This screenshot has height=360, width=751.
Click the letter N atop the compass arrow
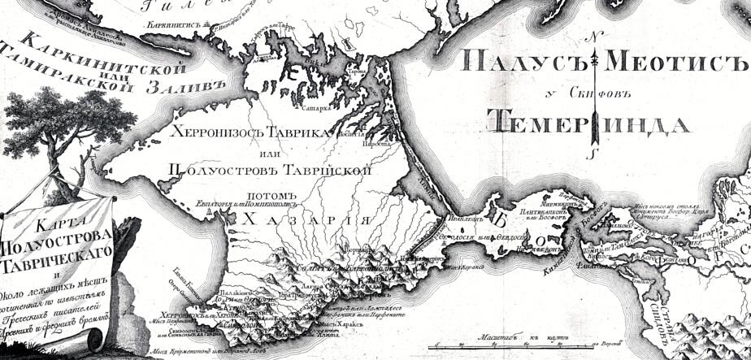pos(594,37)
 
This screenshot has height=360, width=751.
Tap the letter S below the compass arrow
pos(594,152)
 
